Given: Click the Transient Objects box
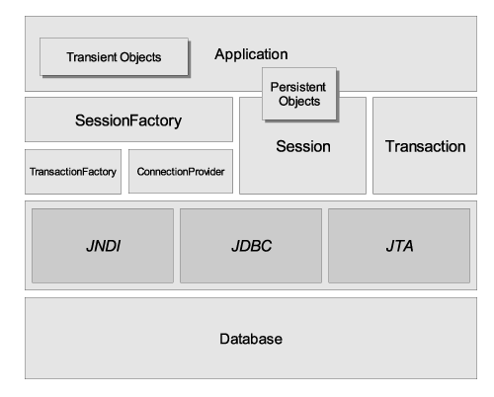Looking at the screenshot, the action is click(114, 57).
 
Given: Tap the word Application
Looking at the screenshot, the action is click(251, 54).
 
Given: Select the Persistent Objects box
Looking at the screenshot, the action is click(299, 94).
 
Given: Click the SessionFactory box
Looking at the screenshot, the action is click(128, 119).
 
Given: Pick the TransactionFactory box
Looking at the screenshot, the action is click(73, 172).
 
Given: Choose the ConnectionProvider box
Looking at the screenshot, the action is click(181, 172).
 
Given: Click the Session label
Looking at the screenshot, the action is click(303, 146).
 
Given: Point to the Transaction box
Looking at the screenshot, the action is click(425, 145).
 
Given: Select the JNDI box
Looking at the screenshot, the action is click(103, 246).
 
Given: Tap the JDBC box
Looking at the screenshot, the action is click(251, 246).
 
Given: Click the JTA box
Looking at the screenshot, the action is click(399, 246).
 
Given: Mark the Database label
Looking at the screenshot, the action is click(251, 339).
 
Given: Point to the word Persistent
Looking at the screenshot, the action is click(298, 87).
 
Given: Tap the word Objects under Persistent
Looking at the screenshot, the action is click(299, 102).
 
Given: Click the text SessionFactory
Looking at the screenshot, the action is click(128, 120).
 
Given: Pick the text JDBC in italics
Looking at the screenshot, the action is click(252, 246).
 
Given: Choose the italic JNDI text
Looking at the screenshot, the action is click(104, 246).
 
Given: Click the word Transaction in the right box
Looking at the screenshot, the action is click(426, 146).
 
